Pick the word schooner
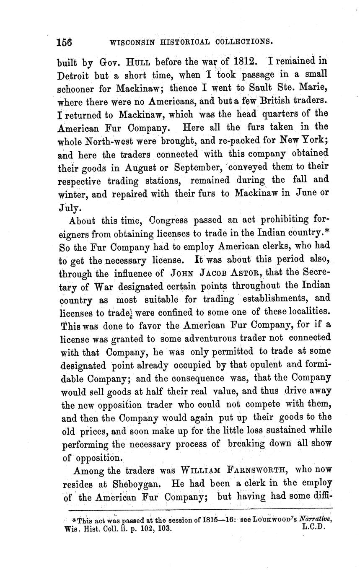coord(78,88)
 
